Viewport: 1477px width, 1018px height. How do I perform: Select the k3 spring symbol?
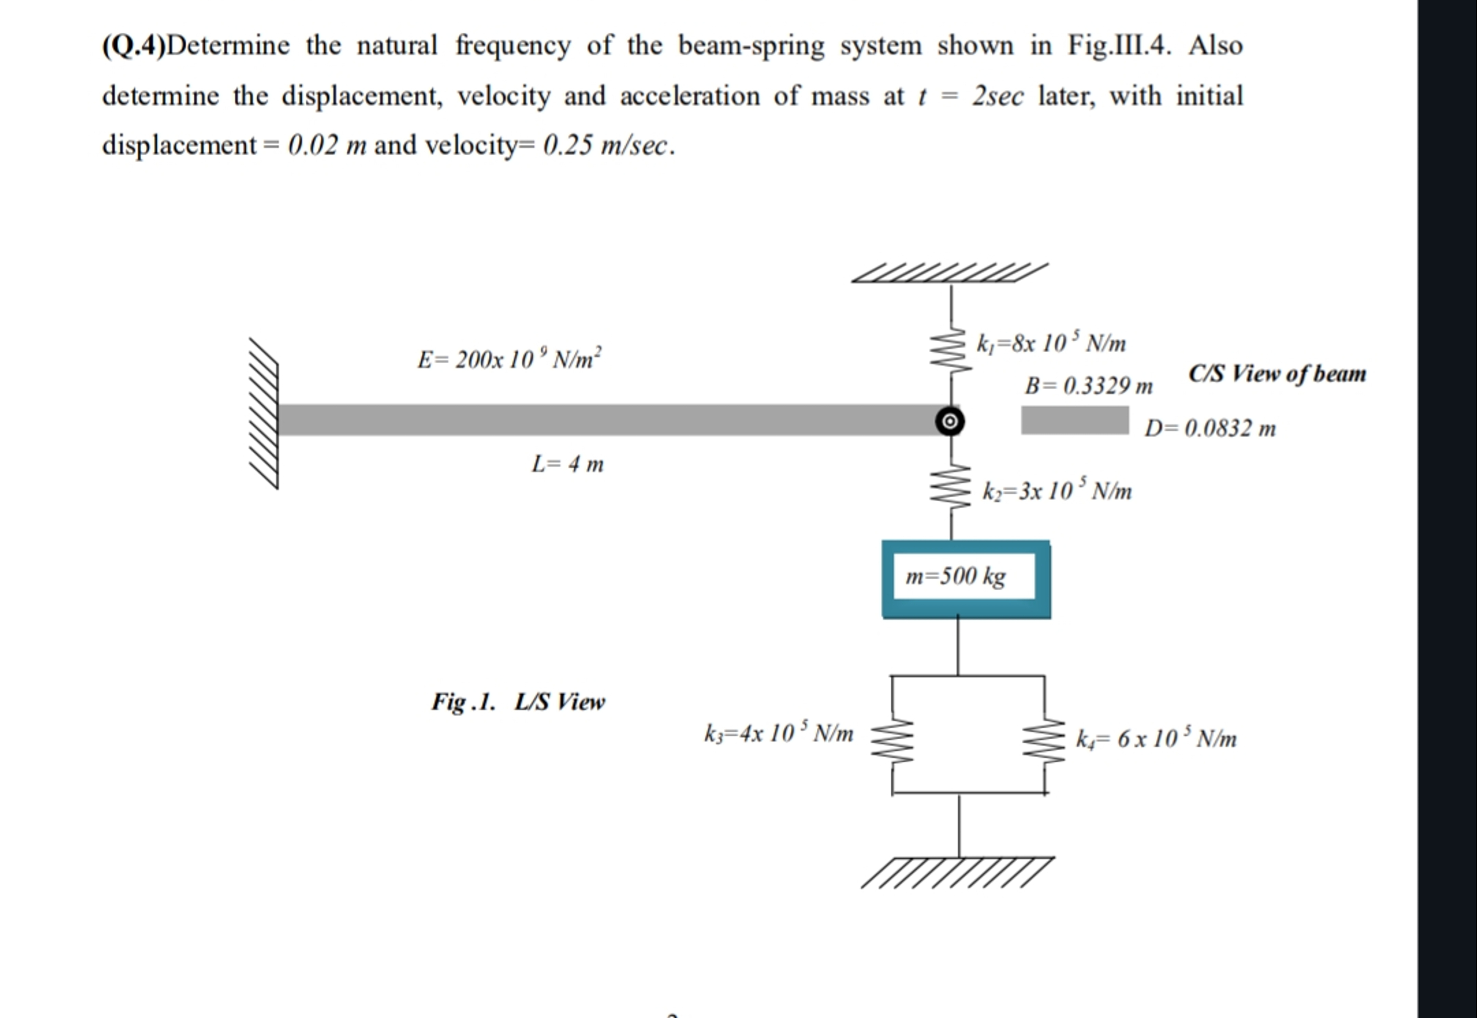tap(892, 742)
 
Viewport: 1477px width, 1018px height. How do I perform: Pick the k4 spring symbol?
tap(1044, 742)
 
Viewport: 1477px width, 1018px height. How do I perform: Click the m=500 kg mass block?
tap(966, 578)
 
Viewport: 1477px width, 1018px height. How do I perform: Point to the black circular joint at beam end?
tap(950, 421)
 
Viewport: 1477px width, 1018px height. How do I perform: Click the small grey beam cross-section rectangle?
tap(1075, 421)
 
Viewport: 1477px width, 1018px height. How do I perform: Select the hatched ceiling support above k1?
tap(950, 273)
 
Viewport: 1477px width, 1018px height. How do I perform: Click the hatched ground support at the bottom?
tap(958, 872)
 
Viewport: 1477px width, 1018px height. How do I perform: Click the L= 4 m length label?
tap(567, 464)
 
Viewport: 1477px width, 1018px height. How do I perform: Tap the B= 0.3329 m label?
tap(1089, 385)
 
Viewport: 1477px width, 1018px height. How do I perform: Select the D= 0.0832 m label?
tap(1210, 428)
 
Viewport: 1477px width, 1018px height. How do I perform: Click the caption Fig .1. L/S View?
tap(518, 702)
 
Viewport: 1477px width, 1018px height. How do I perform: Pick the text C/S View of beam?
tap(1277, 373)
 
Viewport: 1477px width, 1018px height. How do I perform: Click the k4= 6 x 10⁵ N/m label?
tap(1156, 739)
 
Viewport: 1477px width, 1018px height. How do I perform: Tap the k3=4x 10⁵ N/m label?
tap(778, 733)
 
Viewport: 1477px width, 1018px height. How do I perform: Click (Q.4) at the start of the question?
tap(133, 46)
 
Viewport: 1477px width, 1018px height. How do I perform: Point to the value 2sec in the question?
tap(998, 96)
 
